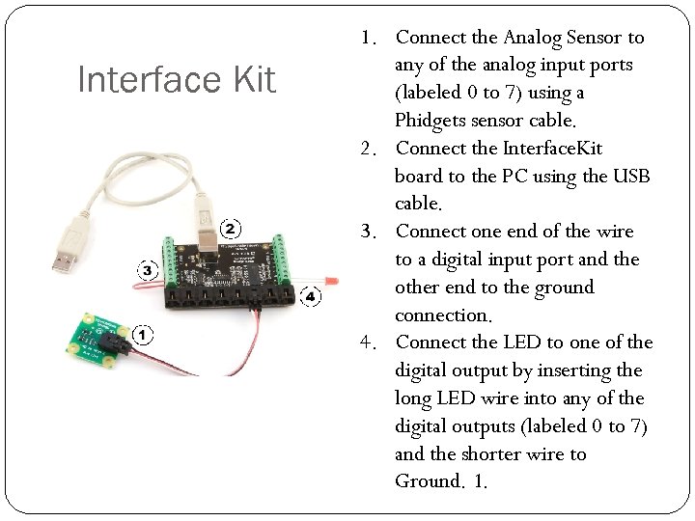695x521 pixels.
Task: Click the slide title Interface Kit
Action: click(x=177, y=80)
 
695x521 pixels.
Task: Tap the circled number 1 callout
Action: click(x=142, y=336)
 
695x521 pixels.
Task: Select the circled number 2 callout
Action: click(x=231, y=229)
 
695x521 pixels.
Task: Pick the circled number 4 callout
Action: click(x=309, y=296)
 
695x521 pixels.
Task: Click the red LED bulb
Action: click(x=331, y=280)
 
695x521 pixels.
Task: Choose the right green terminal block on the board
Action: click(x=287, y=253)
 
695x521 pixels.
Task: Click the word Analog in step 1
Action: click(x=532, y=38)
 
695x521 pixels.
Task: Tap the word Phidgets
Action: click(x=431, y=122)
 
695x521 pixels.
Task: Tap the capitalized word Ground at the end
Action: click(x=429, y=481)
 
